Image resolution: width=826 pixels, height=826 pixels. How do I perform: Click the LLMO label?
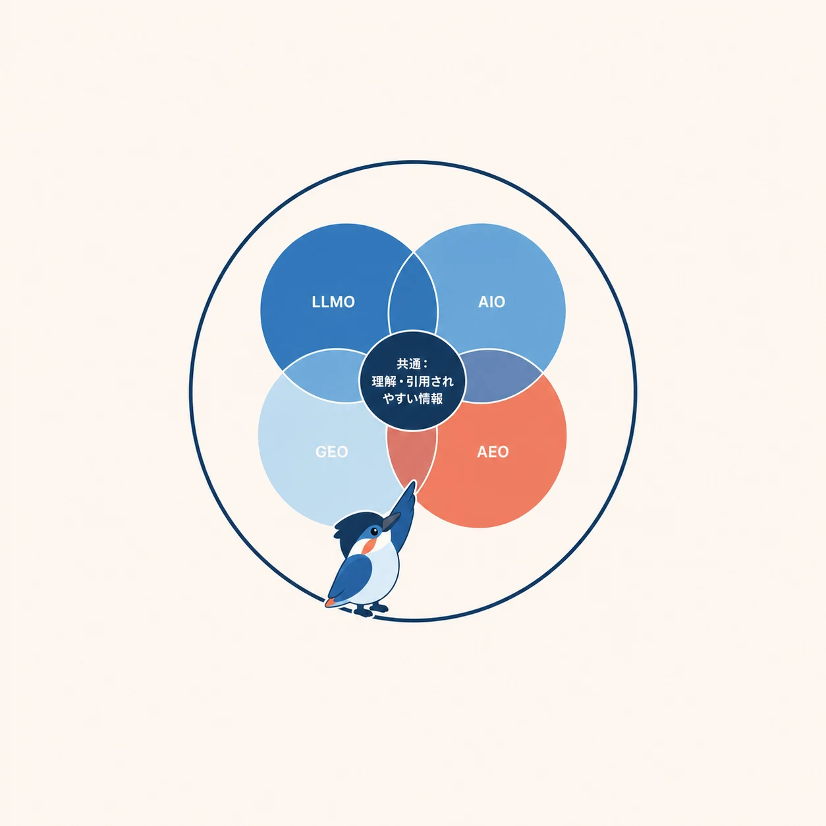333,302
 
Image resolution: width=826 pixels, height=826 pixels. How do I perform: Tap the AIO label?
491,302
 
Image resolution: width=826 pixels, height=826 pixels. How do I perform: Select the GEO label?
332,452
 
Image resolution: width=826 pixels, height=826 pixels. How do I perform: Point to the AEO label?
493,452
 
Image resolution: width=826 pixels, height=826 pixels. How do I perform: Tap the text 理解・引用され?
412,381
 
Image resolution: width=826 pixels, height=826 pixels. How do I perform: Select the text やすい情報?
412,399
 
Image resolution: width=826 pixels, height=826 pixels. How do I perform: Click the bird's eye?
374,532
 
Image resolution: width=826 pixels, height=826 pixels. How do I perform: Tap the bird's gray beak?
391,521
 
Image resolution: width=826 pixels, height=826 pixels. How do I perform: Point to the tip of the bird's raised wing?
414,481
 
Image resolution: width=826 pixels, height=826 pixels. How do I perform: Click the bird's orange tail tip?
329,603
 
